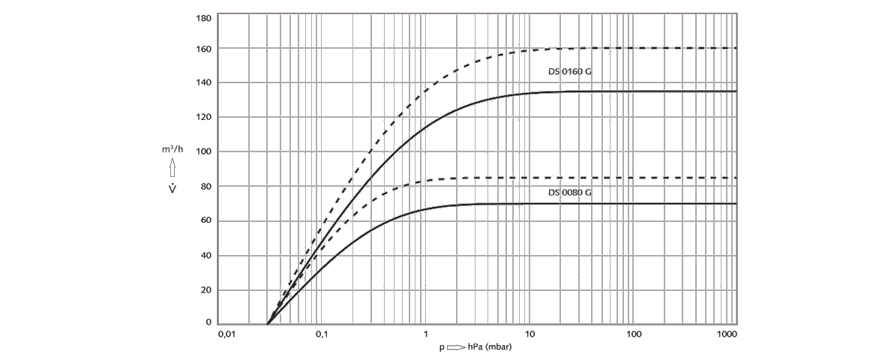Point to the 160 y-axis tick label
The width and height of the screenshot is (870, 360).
coord(203,49)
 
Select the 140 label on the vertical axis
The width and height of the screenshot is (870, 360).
coord(203,82)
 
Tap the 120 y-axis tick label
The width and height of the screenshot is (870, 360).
coord(203,117)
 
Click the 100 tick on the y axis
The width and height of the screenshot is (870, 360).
coord(203,151)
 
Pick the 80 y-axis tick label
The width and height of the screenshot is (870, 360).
coord(205,186)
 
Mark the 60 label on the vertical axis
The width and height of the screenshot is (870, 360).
coord(205,220)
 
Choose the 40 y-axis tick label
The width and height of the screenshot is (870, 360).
coord(205,255)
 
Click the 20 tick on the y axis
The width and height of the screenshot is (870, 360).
coord(205,289)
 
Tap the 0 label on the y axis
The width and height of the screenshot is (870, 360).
coord(208,322)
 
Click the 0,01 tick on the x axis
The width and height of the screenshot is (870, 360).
coord(226,332)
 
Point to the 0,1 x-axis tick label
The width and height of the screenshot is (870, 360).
coord(322,332)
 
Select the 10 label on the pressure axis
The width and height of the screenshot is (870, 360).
coord(529,332)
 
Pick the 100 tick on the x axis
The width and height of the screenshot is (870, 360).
coord(634,332)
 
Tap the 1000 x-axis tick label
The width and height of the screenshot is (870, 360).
coord(727,332)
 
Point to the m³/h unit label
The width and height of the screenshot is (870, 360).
coord(172,150)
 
